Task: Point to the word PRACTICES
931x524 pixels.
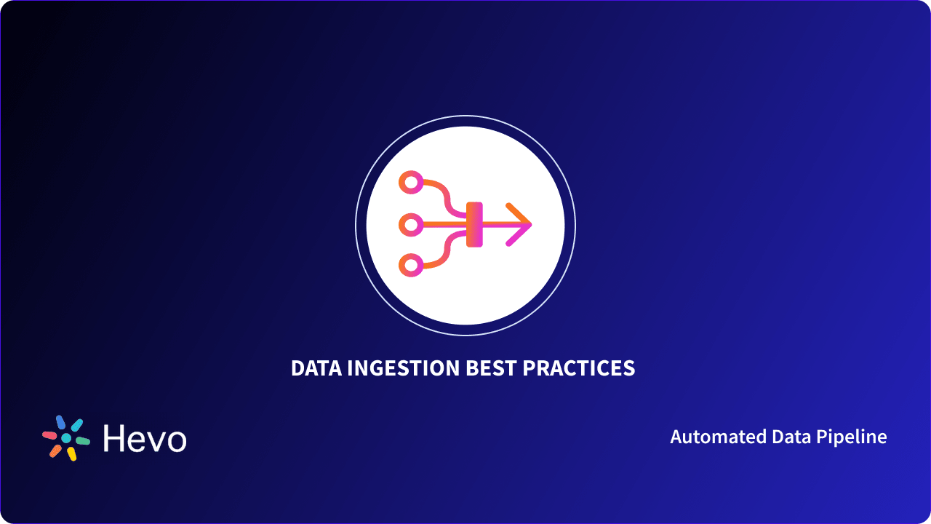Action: (579, 368)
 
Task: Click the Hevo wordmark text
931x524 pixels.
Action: (145, 439)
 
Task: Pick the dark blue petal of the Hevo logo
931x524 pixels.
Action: (61, 422)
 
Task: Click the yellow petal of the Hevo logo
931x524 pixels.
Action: (71, 454)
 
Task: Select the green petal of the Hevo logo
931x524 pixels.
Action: (83, 441)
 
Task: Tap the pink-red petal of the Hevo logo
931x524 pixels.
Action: (49, 435)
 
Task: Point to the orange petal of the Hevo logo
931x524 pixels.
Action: (55, 450)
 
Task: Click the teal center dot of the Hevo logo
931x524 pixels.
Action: (66, 438)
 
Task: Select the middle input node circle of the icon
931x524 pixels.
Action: (412, 225)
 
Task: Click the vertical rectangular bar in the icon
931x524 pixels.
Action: (474, 224)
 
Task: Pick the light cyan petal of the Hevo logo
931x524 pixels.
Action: (76, 425)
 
